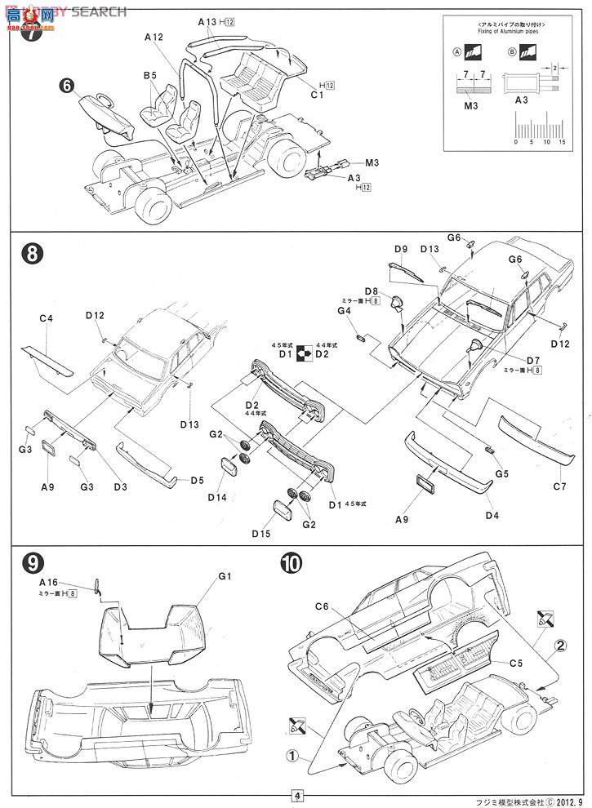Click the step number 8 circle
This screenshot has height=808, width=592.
coord(30,254)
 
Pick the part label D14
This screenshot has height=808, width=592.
coord(216,497)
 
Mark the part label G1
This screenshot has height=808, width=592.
coord(225,576)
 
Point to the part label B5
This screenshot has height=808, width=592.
coord(150,75)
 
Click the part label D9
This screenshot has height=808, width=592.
coord(400,249)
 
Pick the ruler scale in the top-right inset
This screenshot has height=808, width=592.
coord(539,128)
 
